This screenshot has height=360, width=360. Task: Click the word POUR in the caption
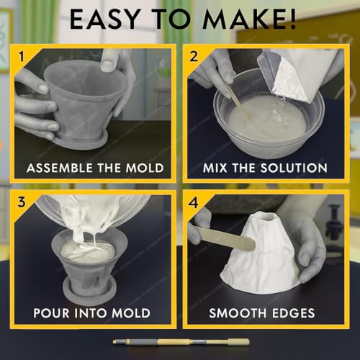55,313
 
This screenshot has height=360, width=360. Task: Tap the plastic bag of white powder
302,72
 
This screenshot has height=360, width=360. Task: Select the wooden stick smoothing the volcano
223,238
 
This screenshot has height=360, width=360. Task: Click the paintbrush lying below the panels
181,342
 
